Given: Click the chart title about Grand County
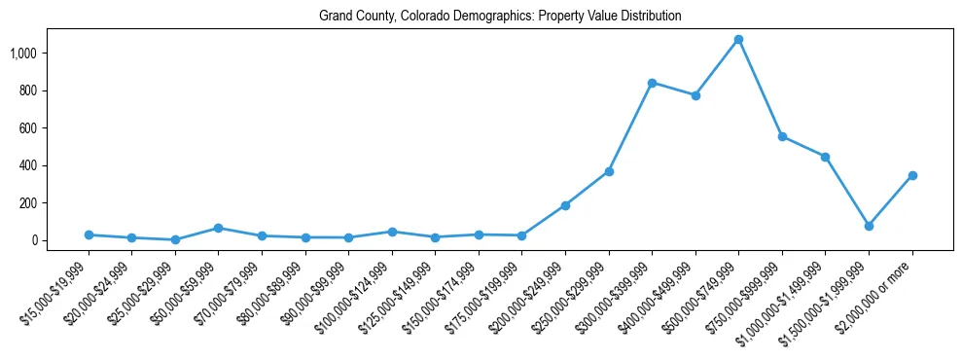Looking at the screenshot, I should (x=500, y=17).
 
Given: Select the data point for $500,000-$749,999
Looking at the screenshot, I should (x=738, y=39).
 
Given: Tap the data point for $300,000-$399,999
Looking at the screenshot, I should (x=652, y=83).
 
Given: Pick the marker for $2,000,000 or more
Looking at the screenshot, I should (x=912, y=175).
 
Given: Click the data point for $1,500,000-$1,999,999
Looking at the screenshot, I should (x=869, y=226).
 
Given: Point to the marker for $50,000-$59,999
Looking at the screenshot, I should (x=218, y=228).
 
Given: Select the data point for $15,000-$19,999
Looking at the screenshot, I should (x=89, y=234).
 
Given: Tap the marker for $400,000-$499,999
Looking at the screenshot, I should (x=695, y=95).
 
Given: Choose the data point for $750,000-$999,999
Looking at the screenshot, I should (x=782, y=136).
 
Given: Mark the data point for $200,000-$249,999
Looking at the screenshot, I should (x=565, y=205).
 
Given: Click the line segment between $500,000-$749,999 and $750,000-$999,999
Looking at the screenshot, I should (x=760, y=88).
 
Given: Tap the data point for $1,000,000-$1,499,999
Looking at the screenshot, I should (x=825, y=157).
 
